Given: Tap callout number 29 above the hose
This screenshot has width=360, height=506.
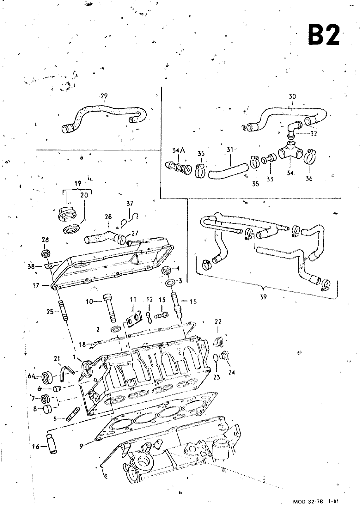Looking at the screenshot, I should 104,96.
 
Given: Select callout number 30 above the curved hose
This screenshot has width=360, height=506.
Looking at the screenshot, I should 292,96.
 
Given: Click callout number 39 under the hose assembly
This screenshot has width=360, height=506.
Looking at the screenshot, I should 263,297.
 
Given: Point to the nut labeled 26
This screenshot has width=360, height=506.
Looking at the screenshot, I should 46,253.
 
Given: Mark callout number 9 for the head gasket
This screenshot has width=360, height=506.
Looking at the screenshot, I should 82,446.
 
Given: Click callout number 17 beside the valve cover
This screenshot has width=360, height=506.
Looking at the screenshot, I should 36,285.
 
